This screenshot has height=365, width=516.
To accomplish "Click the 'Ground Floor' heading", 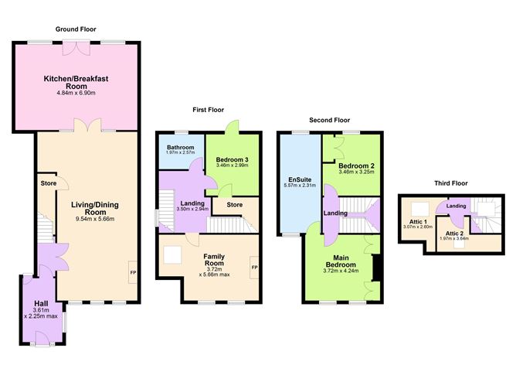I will click(x=75, y=29).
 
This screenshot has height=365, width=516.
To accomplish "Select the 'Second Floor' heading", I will click(x=329, y=120).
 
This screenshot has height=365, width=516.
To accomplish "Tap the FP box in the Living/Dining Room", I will click(x=131, y=273).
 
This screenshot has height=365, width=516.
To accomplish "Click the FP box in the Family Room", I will click(x=253, y=268).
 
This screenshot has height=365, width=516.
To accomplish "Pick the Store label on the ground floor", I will click(x=47, y=183).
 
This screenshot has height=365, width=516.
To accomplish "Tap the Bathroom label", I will click(x=178, y=146).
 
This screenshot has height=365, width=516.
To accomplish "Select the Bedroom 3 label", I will click(x=232, y=159).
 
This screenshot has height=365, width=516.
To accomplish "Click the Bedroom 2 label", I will click(x=355, y=165).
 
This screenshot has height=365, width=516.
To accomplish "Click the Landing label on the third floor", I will click(x=457, y=205).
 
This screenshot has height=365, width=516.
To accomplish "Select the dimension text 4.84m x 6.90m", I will click(x=75, y=94).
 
